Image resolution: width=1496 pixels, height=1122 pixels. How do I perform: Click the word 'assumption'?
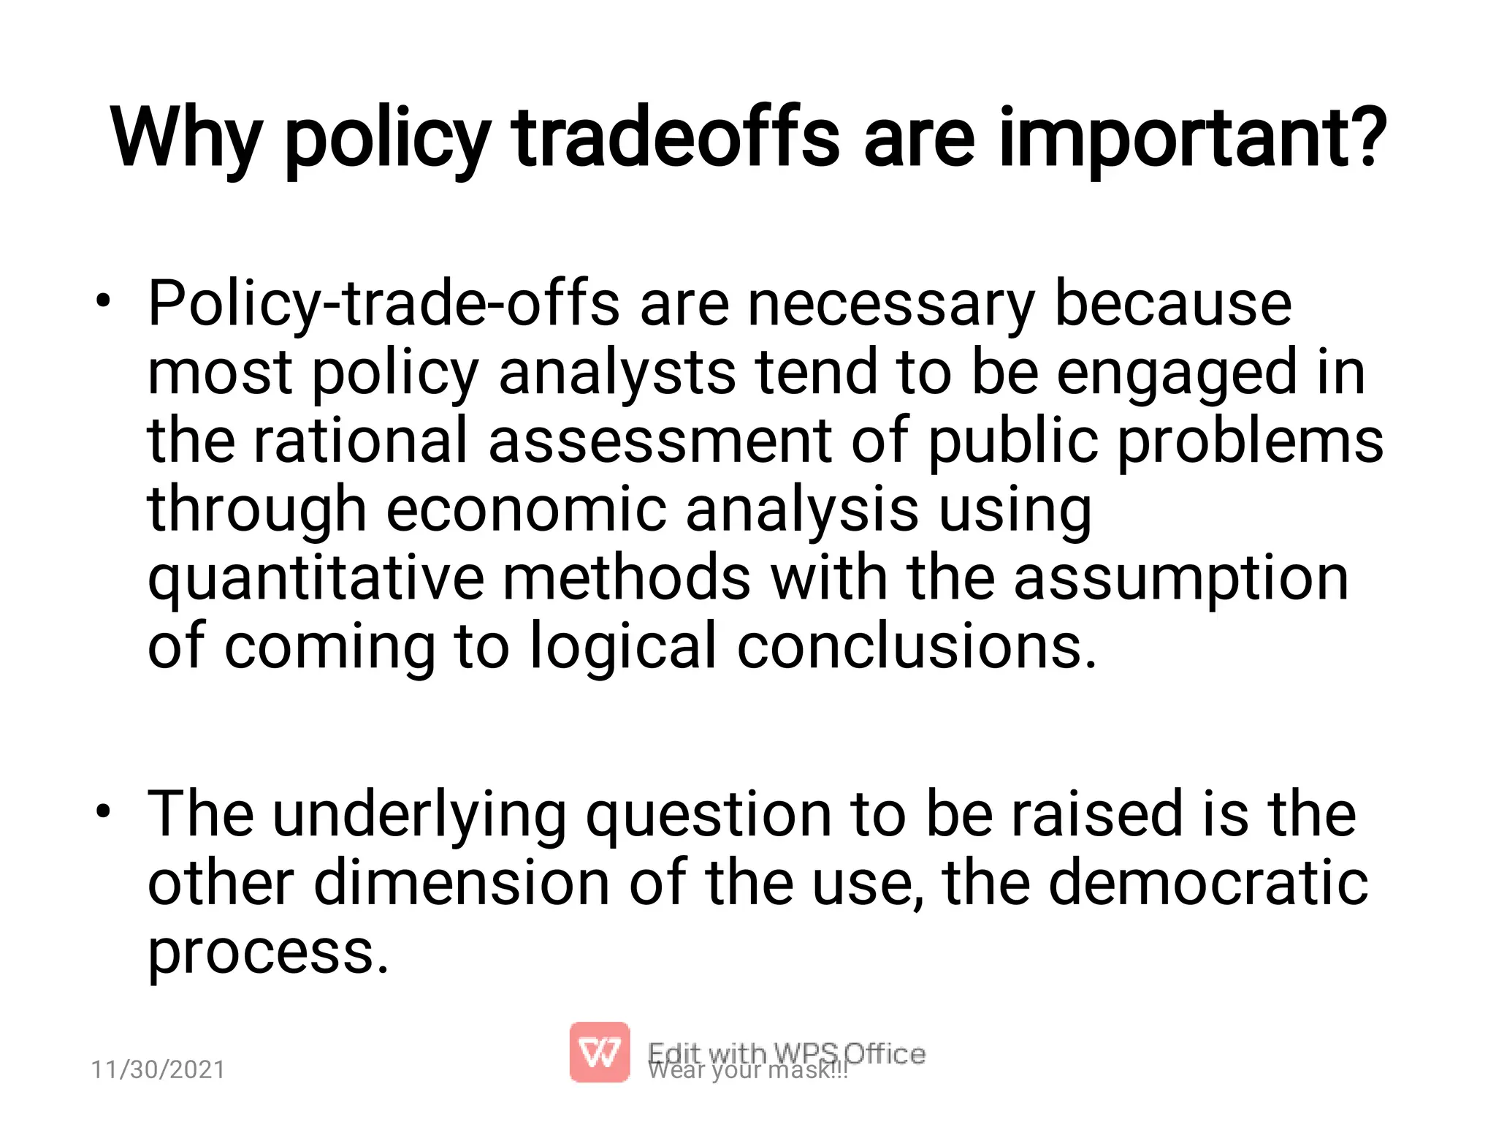point(1180,579)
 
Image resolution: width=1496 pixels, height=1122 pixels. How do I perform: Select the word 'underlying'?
point(419,815)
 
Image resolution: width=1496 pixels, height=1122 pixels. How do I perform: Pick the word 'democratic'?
point(1208,882)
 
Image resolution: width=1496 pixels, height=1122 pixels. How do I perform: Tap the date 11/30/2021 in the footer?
point(158,1069)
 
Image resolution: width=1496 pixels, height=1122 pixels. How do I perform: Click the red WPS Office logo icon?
point(599,1052)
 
